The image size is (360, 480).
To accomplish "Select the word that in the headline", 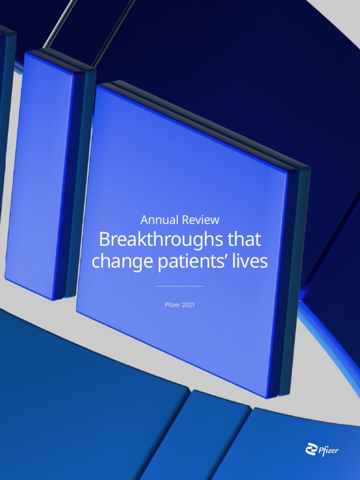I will pyautogui.click(x=244, y=240).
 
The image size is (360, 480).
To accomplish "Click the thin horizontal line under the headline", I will pyautogui.click(x=180, y=286).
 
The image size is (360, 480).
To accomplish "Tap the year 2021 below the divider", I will pyautogui.click(x=187, y=305).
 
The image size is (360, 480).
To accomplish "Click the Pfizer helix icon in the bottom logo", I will pyautogui.click(x=310, y=450).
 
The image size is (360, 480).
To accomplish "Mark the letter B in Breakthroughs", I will pyautogui.click(x=104, y=240).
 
